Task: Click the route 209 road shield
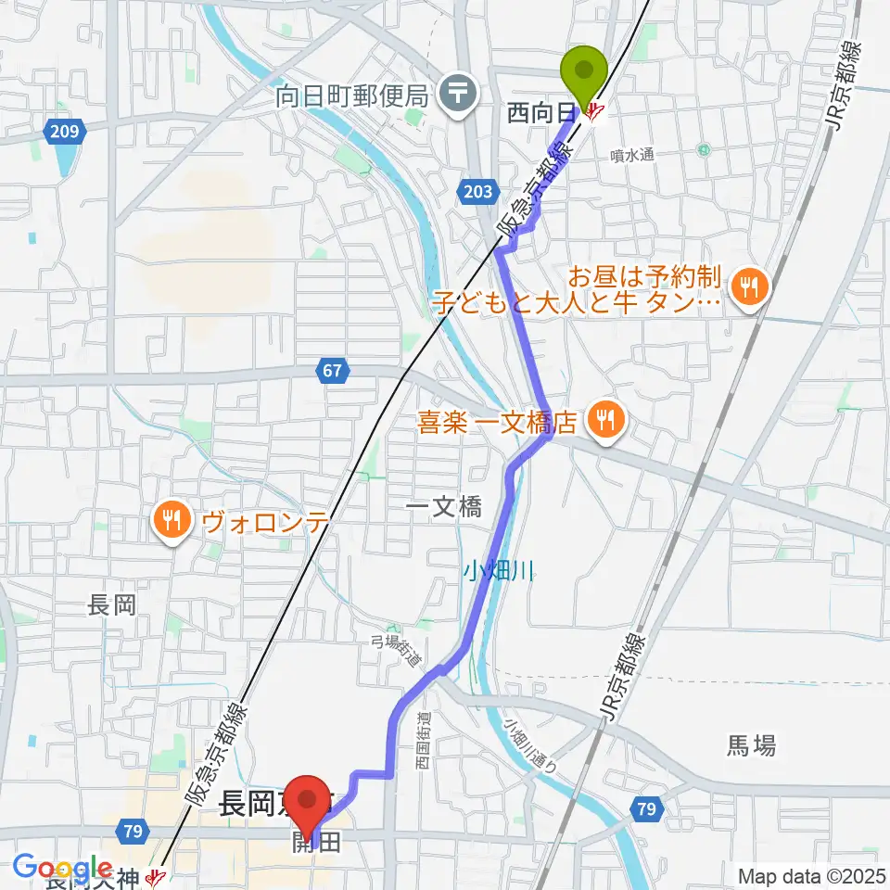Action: (x=64, y=133)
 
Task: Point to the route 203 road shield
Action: (x=473, y=192)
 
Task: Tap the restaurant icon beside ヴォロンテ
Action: (x=172, y=521)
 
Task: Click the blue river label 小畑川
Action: (x=498, y=572)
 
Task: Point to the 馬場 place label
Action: (x=751, y=744)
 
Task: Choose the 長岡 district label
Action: (x=112, y=605)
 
